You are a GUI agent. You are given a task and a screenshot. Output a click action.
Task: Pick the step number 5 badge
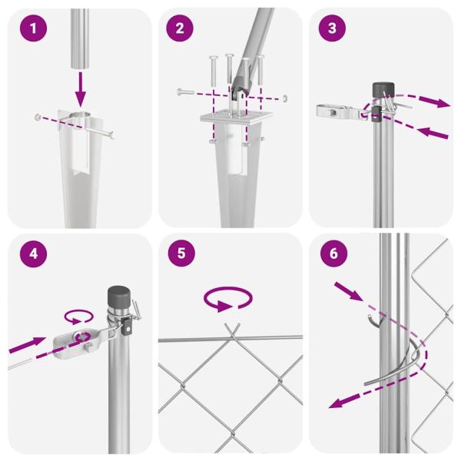tap(180, 254)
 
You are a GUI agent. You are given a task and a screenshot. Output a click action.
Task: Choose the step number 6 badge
tap(331, 254)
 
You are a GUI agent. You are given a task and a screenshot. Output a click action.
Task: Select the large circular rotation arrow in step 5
tap(227, 299)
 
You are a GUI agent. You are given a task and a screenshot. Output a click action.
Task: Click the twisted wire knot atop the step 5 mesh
tap(229, 332)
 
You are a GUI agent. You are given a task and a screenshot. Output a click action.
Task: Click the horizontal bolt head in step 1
tap(38, 117)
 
